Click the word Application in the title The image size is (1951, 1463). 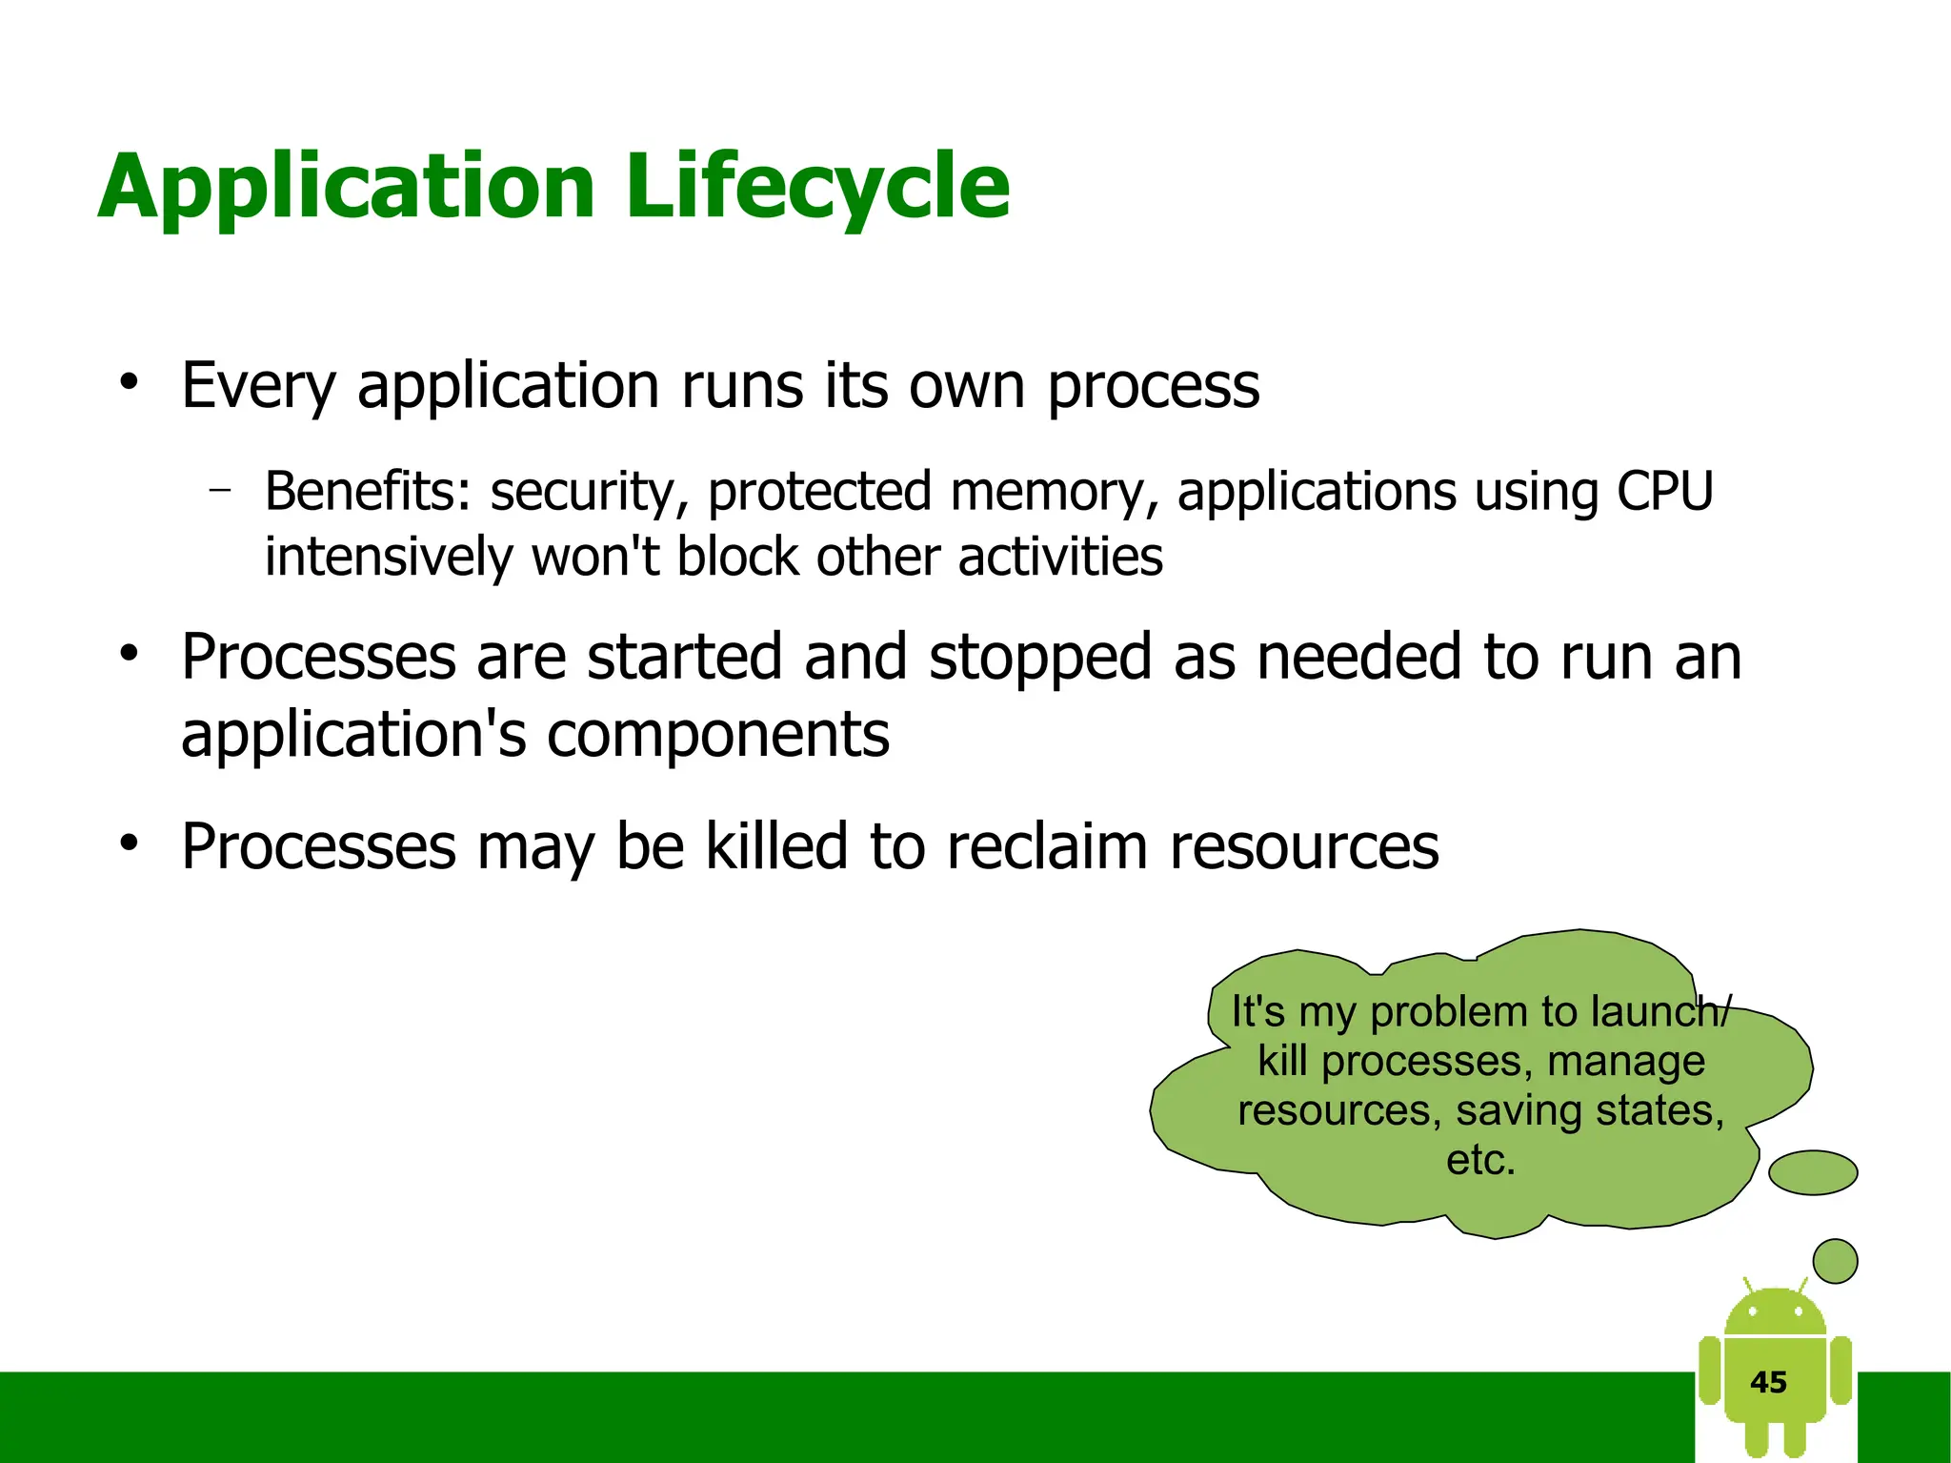tap(347, 187)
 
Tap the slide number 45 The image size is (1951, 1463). tap(1768, 1382)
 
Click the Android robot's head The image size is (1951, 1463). tap(1775, 1313)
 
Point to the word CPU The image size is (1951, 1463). tap(1664, 492)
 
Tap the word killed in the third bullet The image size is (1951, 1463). tap(775, 846)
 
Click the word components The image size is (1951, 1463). tap(718, 736)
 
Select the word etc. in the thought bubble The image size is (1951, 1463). tap(1480, 1160)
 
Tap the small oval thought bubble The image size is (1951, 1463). tap(1812, 1172)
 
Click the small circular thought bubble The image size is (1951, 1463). tap(1835, 1261)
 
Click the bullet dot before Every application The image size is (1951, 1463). tap(130, 384)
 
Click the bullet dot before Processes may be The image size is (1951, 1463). tap(130, 844)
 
